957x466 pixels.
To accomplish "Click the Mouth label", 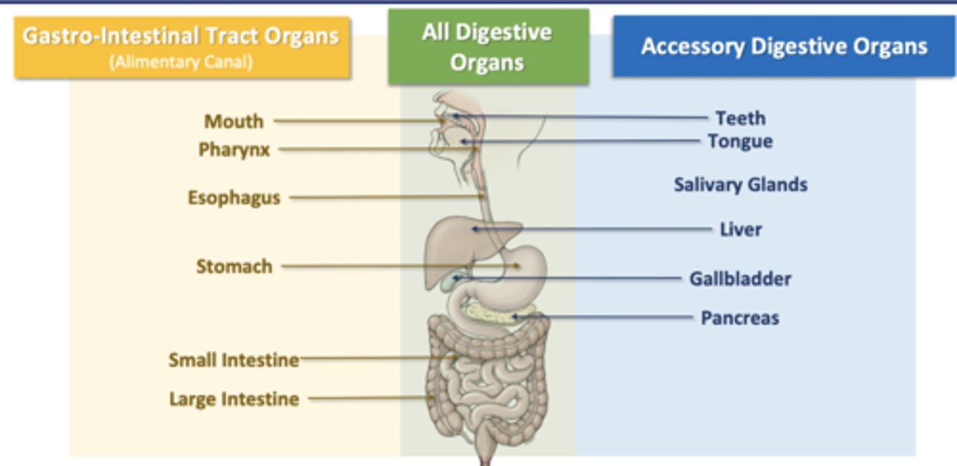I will point(234,121).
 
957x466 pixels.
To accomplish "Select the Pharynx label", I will point(235,150).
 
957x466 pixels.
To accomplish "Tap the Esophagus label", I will point(234,198).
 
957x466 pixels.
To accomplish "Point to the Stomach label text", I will point(234,267).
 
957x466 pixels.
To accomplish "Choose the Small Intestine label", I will point(233,360).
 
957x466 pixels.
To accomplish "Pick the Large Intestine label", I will point(234,399).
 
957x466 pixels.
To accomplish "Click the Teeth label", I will point(740,118).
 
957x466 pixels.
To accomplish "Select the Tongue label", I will point(740,141).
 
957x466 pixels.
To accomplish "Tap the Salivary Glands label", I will point(740,185).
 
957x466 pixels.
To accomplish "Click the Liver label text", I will point(741,230).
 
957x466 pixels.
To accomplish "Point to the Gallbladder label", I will point(740,278).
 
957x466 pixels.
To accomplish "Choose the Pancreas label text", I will point(740,318).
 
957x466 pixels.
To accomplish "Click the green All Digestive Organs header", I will point(488,47).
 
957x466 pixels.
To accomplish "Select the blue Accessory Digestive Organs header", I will point(784,46).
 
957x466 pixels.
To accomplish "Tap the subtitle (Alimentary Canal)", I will point(181,63).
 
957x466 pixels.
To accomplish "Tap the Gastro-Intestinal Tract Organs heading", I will point(181,36).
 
